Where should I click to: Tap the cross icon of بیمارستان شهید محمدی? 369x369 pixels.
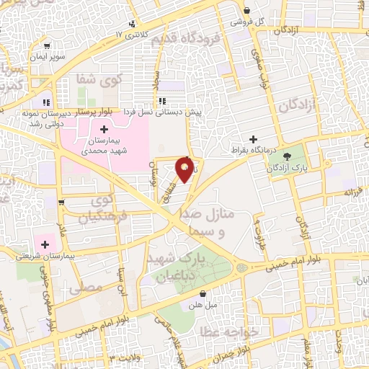[x=105, y=128]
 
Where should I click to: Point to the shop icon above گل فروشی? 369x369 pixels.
[x=247, y=11]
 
